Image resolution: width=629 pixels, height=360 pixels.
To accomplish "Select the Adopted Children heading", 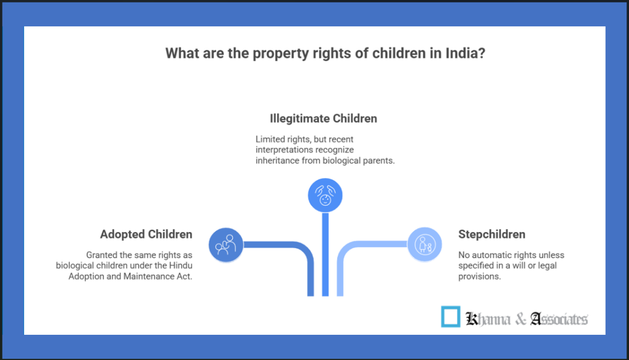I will click(146, 234).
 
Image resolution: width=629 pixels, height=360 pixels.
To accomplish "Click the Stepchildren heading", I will click(492, 234).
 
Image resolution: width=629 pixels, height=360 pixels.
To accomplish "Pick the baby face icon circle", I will click(325, 195).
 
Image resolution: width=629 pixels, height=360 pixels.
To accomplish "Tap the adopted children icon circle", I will click(225, 245).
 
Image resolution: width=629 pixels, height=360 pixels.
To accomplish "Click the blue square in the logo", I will click(451, 317).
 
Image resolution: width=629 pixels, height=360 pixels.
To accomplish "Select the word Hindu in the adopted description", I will click(178, 265).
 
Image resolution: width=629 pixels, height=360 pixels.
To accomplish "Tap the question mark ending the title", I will click(483, 53).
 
